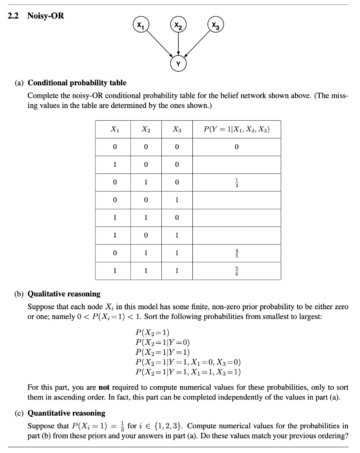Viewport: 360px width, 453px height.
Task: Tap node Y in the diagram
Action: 178,64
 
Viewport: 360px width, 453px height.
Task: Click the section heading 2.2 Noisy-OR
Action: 36,16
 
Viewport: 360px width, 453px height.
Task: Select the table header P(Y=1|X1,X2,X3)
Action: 237,129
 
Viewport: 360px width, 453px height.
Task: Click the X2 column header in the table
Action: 146,129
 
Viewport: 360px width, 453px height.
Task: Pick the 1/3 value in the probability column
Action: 237,182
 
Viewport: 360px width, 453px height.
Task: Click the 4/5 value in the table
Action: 237,253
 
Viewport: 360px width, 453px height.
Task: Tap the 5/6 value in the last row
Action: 237,271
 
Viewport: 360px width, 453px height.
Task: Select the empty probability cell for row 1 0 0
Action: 237,165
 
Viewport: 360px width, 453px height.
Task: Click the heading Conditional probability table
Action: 77,83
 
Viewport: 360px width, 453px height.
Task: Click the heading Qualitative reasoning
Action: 64,294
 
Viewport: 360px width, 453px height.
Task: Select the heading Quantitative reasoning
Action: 66,413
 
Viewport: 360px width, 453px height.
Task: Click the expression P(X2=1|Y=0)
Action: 163,342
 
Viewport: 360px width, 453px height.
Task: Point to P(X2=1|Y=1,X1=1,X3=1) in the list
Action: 188,372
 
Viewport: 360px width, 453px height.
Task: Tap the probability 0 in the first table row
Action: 237,147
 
